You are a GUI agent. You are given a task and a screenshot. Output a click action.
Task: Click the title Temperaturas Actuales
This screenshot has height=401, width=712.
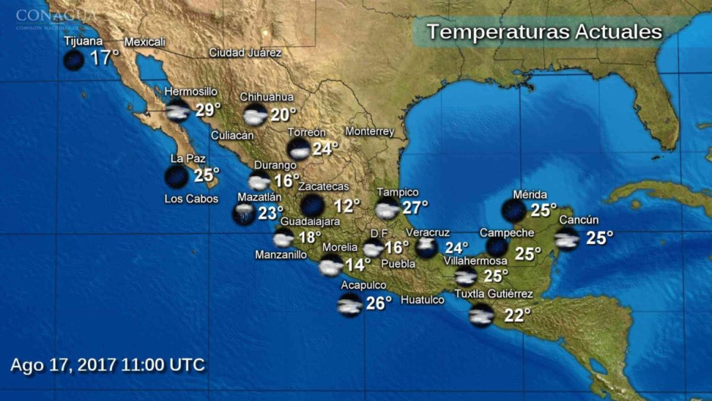pos(544,32)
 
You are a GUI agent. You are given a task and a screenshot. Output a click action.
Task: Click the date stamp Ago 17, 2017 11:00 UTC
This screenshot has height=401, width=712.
pos(108,365)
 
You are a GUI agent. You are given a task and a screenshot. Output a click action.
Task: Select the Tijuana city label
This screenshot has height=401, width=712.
pos(83,41)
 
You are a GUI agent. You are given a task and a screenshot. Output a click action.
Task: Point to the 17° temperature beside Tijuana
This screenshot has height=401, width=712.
pos(105,58)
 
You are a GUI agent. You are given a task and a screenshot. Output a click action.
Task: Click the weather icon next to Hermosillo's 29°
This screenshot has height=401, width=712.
pos(178,111)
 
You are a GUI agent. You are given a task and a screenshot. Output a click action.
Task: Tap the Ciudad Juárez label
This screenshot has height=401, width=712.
pos(245,53)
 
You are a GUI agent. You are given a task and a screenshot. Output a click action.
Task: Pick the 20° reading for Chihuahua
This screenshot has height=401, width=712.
pos(284,114)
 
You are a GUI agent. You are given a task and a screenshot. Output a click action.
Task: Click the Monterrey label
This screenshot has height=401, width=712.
pos(370,132)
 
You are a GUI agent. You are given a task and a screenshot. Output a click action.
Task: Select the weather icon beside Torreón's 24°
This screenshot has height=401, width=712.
pos(299,149)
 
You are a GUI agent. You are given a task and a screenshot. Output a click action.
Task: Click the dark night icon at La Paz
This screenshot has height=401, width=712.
pos(176,177)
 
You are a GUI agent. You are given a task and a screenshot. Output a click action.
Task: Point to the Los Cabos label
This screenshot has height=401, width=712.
pos(191,199)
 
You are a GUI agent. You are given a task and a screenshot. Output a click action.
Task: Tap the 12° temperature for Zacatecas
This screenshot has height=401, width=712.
pos(348,205)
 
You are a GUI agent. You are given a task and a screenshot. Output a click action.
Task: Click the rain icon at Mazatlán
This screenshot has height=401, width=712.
pos(244,214)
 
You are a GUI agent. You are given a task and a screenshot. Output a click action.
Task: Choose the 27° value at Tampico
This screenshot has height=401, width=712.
pos(415,206)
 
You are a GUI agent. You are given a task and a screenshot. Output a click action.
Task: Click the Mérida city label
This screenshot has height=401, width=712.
pos(529,195)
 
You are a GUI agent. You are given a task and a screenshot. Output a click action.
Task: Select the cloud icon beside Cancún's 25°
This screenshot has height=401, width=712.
pos(567,239)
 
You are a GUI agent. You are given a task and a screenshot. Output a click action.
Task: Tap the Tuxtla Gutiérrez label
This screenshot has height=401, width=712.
pos(493,294)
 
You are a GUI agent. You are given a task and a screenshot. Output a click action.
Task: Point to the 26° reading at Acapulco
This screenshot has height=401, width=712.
pos(379,302)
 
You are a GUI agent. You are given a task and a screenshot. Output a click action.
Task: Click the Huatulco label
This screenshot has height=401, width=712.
pos(422,300)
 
